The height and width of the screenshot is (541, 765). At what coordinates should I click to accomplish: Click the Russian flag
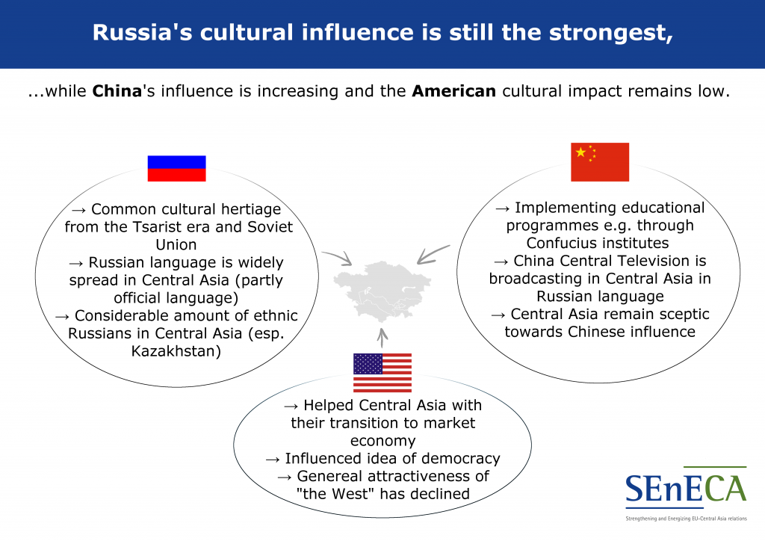[x=176, y=168]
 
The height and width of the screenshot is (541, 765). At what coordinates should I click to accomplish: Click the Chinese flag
[x=600, y=162]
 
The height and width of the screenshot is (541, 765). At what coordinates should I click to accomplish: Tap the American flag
[x=382, y=373]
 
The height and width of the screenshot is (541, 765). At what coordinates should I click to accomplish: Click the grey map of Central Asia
[x=382, y=291]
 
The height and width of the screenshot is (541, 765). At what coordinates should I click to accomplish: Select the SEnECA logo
[x=686, y=493]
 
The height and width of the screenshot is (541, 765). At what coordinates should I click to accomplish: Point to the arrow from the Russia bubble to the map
[x=338, y=258]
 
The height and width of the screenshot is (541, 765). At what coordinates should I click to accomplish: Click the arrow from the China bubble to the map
[x=433, y=254]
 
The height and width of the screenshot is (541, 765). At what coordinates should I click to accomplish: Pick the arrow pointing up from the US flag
[x=382, y=338]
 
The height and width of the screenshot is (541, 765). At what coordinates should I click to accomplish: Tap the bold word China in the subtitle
[x=117, y=91]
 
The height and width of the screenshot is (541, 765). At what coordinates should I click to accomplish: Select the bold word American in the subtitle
[x=453, y=91]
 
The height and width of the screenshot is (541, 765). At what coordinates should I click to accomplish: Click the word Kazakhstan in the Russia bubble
[x=176, y=351]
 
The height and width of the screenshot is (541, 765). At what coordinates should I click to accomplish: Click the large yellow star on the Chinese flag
[x=580, y=152]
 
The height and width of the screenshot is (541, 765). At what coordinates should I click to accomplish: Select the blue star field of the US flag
[x=368, y=364]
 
